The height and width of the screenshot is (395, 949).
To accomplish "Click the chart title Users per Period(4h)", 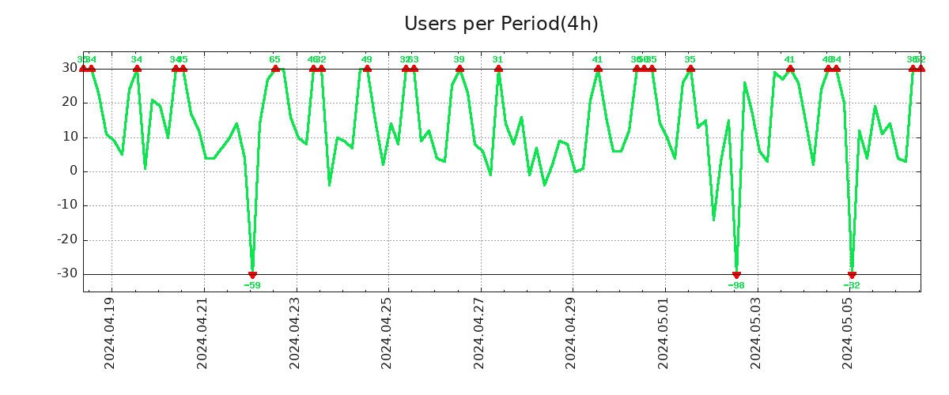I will pyautogui.click(x=501, y=24).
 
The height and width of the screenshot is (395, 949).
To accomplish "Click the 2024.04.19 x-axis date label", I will pyautogui.click(x=111, y=333).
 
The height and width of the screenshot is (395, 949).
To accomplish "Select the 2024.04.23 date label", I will pyautogui.click(x=296, y=333).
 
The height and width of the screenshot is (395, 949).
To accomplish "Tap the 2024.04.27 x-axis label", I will pyautogui.click(x=480, y=333).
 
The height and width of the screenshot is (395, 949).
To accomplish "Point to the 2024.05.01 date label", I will pyautogui.click(x=664, y=333).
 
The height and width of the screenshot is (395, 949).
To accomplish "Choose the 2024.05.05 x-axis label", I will pyautogui.click(x=849, y=333).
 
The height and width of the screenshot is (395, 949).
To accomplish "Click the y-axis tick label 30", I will pyautogui.click(x=70, y=69).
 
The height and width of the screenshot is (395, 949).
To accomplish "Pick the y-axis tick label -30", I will pyautogui.click(x=66, y=274).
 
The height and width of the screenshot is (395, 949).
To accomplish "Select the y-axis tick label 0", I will pyautogui.click(x=73, y=171).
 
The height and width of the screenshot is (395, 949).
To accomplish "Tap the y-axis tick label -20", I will pyautogui.click(x=66, y=240).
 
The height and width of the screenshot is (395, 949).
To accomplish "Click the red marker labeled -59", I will pyautogui.click(x=252, y=275).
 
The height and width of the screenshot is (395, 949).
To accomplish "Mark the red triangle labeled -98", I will pyautogui.click(x=736, y=275).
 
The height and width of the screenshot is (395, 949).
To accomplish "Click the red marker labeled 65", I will pyautogui.click(x=275, y=69).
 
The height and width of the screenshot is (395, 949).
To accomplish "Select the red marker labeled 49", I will pyautogui.click(x=367, y=69).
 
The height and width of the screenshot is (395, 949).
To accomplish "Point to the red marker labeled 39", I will pyautogui.click(x=459, y=69).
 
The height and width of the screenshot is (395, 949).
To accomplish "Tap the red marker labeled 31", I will pyautogui.click(x=498, y=69).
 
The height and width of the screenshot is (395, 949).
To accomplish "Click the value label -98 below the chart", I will pyautogui.click(x=736, y=285).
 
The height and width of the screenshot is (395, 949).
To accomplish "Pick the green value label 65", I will pyautogui.click(x=275, y=59).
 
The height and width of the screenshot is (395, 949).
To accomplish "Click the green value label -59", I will pyautogui.click(x=252, y=285).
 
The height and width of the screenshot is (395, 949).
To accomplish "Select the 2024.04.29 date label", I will pyautogui.click(x=572, y=333).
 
